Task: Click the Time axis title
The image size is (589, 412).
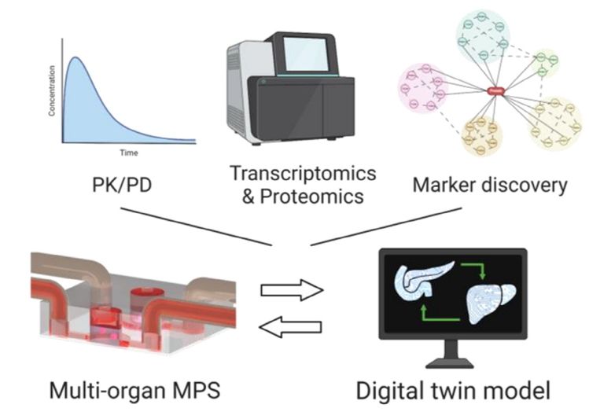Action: tap(129, 153)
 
